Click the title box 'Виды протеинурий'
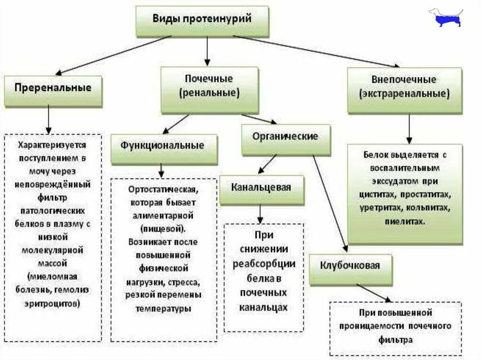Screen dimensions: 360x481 coord(202,21)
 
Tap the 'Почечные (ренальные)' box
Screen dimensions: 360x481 coord(209,89)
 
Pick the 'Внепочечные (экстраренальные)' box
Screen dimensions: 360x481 coord(404,89)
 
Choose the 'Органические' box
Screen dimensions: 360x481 coord(285,139)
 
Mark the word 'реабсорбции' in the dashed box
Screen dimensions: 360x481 coord(264,263)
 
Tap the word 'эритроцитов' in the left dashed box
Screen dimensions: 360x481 coord(52,303)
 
